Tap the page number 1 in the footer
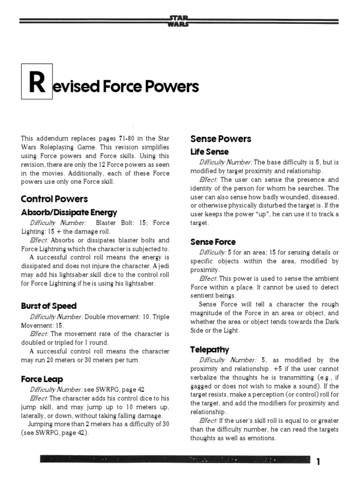[x=318, y=462]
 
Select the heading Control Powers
[x=54, y=199]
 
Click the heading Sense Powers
[x=220, y=139]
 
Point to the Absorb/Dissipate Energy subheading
[x=69, y=212]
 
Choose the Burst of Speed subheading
[x=49, y=306]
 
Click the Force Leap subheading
[x=42, y=379]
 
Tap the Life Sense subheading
[x=209, y=152]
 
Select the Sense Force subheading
[x=213, y=242]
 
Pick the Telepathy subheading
[x=210, y=349]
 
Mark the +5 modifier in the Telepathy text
[x=278, y=369]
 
